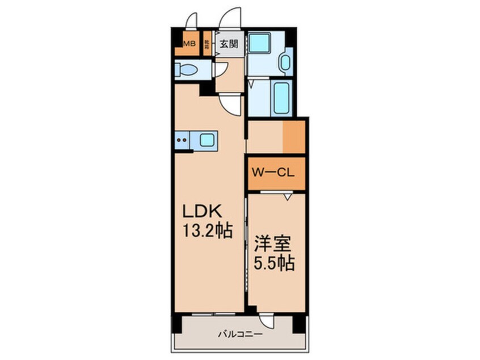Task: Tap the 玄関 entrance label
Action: pyautogui.click(x=229, y=43)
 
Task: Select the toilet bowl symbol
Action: pyautogui.click(x=188, y=70)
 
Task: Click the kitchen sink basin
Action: pyautogui.click(x=207, y=139)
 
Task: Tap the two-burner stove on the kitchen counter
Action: pyautogui.click(x=183, y=139)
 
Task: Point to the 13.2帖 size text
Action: pyautogui.click(x=207, y=232)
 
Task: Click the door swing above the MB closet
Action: pyautogui.click(x=192, y=20)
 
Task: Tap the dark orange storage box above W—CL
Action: pyautogui.click(x=294, y=136)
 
